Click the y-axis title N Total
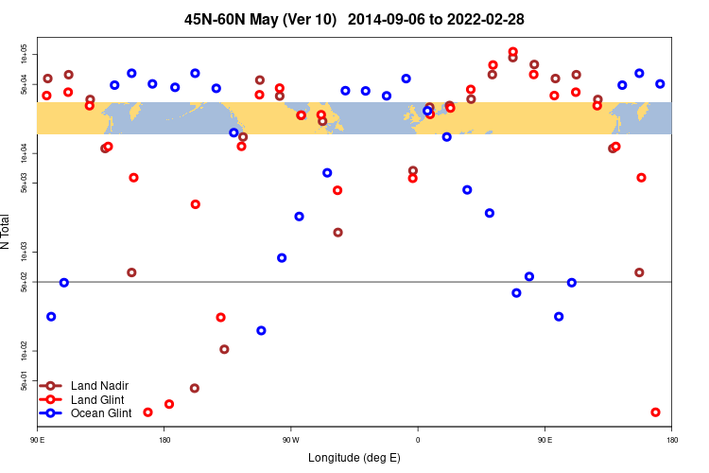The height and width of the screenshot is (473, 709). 7,232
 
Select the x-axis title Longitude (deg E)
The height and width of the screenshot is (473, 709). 354,458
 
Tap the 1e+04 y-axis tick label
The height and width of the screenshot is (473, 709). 25,153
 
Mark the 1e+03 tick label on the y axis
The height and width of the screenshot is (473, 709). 25,253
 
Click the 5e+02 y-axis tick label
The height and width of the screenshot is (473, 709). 25,282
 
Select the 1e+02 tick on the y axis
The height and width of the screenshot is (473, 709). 25,351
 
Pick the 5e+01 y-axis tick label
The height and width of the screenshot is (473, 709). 25,380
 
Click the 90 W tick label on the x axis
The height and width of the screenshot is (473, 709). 290,441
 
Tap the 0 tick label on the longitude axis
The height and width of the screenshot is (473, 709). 418,441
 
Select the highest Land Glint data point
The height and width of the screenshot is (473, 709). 513,52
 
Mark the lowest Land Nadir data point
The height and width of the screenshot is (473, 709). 194,388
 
